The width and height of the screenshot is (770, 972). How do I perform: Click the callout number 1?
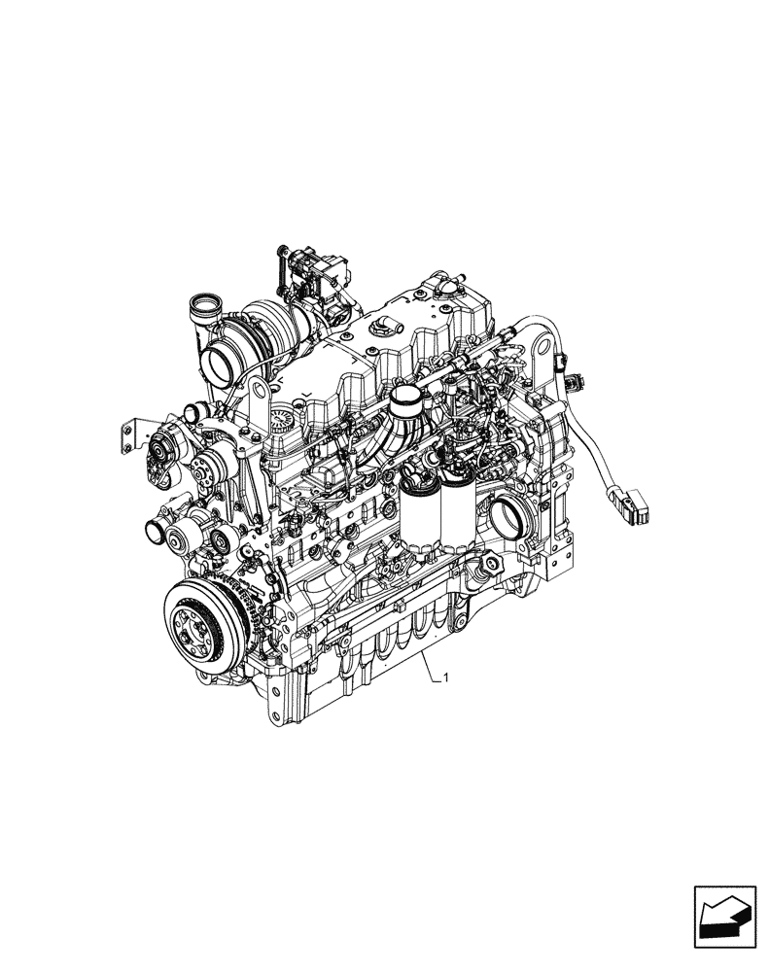[x=445, y=677]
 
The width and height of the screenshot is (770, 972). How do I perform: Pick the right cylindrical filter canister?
[x=456, y=515]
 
